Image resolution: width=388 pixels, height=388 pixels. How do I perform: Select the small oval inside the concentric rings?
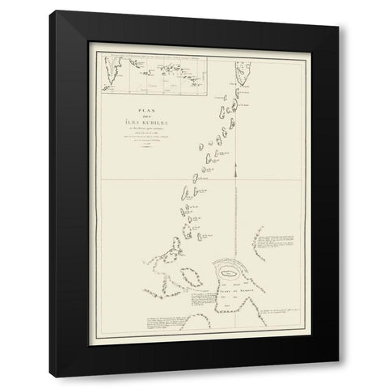click(x=231, y=276)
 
